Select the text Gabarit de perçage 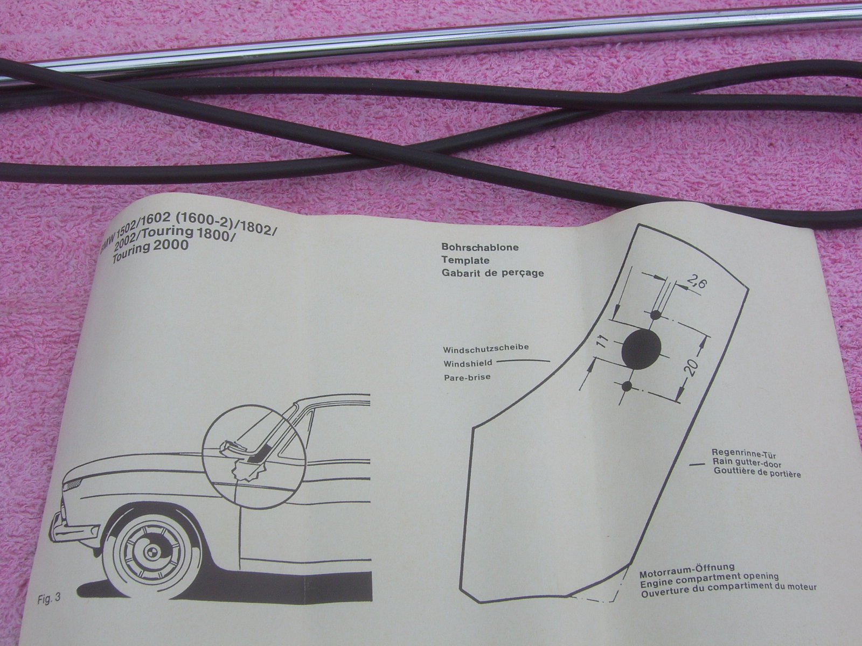tap(492, 273)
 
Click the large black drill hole tap(641, 349)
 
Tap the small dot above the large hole tap(656, 315)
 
